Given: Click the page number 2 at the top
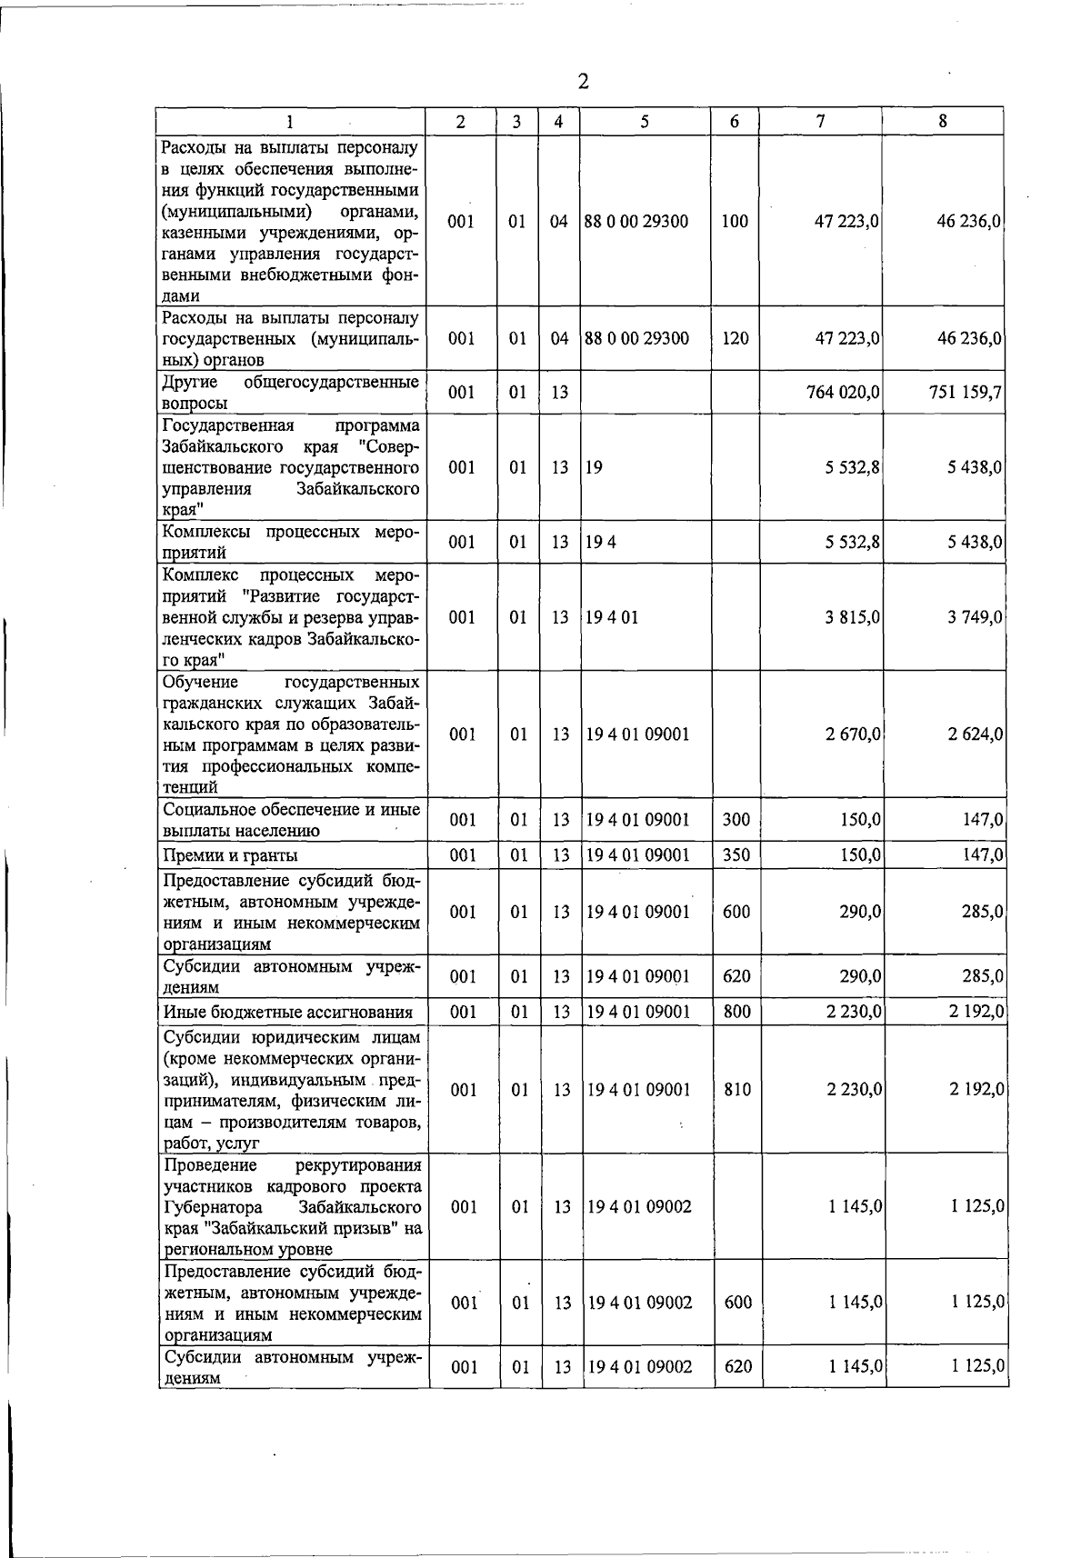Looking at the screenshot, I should tap(583, 83).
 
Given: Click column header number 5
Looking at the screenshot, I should tap(644, 121).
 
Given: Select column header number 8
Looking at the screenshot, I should tap(943, 121).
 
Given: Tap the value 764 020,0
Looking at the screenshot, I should tap(843, 393).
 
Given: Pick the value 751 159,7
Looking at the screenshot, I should tap(966, 393).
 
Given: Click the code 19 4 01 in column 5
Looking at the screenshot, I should tap(612, 617).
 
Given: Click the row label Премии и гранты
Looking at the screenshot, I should tap(230, 855).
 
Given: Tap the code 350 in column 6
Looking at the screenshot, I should tap(736, 855).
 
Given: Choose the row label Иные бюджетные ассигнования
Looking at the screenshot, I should tap(287, 1012).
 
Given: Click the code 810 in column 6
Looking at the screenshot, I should tap(737, 1089).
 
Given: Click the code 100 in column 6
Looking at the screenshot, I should tap(735, 221).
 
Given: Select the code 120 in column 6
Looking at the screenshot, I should tap(735, 338).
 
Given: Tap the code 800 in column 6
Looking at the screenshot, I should tap(736, 1012).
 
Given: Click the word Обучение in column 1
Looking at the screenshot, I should tap(200, 682).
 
